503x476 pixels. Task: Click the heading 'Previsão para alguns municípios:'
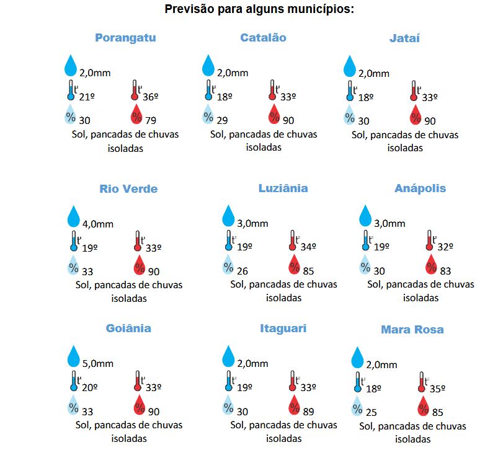[x=259, y=10]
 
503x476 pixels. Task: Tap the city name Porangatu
[x=125, y=38]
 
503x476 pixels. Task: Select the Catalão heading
[x=263, y=38]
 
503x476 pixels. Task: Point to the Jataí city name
[x=404, y=38]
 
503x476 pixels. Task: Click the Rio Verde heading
[x=128, y=189]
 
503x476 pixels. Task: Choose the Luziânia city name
[x=283, y=188]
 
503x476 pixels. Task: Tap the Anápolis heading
[x=420, y=188]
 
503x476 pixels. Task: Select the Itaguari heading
[x=283, y=328]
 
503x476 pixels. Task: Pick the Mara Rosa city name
[x=412, y=330]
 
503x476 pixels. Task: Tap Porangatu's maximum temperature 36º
[x=151, y=97]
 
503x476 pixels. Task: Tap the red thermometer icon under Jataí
[x=414, y=90]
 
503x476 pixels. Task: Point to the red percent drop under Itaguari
[x=294, y=407]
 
